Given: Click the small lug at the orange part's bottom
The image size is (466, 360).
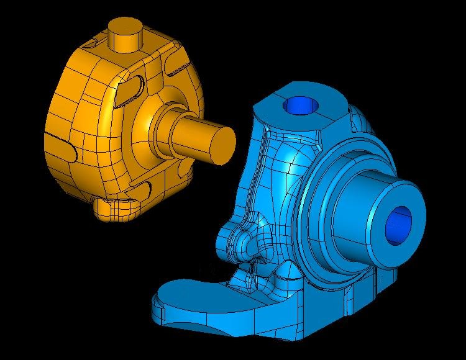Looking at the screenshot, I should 115,208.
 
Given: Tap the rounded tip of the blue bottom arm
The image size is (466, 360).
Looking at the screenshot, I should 163,298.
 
